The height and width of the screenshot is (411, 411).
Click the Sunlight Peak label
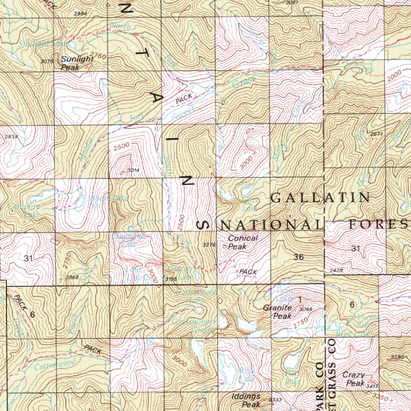tap(77, 63)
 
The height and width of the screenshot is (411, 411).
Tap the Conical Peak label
tap(242, 242)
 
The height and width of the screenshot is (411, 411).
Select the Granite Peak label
tap(277, 312)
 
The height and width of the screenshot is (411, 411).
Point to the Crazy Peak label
tap(353, 379)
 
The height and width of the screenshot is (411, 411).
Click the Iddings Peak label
tap(246, 400)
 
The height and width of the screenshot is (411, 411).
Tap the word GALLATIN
tap(320, 197)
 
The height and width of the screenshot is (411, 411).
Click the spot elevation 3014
tap(133, 171)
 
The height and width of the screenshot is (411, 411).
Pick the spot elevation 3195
tap(170, 279)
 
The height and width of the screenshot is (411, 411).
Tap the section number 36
tap(299, 257)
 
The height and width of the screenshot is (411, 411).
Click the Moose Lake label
tap(100, 199)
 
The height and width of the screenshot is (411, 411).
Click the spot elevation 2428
tap(336, 270)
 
